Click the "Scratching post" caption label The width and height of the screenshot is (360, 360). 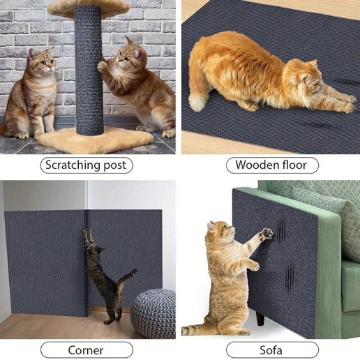(87, 165)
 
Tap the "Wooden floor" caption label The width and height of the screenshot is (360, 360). (272, 165)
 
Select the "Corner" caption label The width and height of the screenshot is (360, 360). (87, 350)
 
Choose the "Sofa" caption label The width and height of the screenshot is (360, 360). (272, 350)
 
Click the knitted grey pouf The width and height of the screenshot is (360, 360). (153, 313)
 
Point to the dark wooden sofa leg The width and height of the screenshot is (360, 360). (260, 317)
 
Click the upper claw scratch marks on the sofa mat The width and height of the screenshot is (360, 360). (281, 229)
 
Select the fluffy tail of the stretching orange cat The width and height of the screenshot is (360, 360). (197, 100)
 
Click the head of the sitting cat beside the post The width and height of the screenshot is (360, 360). (42, 60)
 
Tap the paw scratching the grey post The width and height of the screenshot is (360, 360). (102, 67)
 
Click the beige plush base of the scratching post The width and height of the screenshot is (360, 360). (96, 141)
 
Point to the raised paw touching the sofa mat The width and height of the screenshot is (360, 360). (266, 234)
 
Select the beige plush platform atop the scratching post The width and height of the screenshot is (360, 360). (89, 9)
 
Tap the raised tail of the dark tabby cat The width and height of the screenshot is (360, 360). (127, 278)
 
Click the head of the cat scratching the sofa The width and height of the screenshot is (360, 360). (220, 231)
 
